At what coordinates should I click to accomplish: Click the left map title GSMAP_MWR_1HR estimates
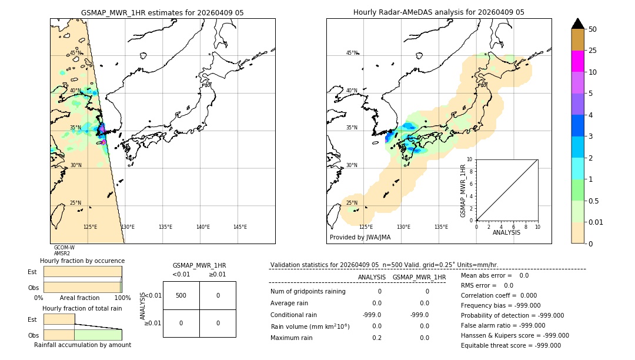(162, 12)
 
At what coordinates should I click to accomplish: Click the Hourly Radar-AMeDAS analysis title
(439, 12)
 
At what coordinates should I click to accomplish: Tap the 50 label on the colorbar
(593, 29)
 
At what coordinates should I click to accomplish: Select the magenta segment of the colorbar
(577, 61)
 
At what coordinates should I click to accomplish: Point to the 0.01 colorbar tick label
(596, 222)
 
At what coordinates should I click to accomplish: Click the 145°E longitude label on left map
(240, 227)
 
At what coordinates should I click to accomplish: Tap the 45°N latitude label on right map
(352, 54)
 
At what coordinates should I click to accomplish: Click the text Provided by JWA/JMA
(360, 238)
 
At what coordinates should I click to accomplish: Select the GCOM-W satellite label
(64, 248)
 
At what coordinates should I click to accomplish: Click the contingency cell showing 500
(181, 295)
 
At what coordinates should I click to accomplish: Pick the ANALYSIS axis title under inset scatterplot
(506, 232)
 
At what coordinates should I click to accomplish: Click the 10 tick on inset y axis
(469, 159)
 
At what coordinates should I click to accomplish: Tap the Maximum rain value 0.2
(376, 338)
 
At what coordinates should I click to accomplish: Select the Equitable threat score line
(511, 345)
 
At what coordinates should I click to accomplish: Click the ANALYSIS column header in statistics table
(372, 277)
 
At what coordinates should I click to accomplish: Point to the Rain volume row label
(310, 326)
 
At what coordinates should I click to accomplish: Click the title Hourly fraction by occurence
(82, 261)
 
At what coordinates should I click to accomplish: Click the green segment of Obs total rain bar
(98, 335)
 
